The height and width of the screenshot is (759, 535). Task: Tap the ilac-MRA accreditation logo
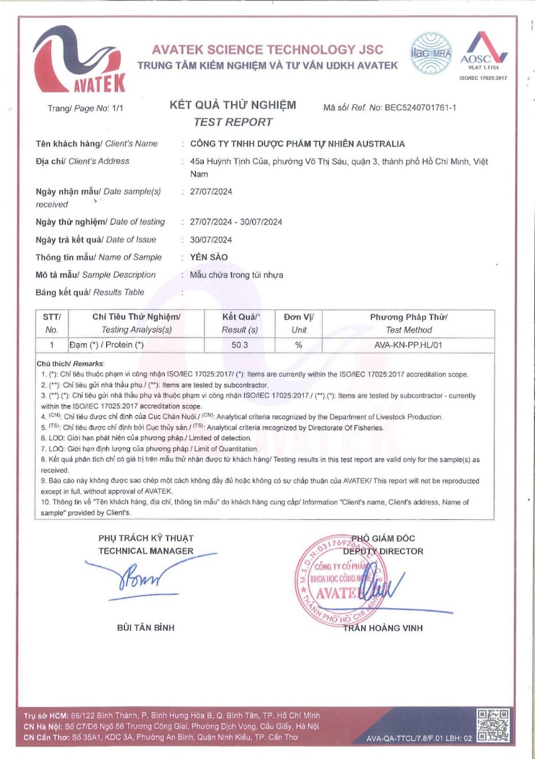(x=428, y=52)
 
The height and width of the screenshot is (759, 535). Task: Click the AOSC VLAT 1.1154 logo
(x=483, y=53)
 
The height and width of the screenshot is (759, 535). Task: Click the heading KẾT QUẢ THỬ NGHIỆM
(x=233, y=106)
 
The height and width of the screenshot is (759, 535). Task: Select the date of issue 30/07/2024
(x=210, y=240)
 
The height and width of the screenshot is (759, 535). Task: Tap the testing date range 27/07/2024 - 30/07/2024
(x=236, y=222)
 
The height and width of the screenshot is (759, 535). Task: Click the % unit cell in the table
(x=299, y=345)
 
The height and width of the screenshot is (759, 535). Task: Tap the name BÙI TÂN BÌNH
(x=145, y=628)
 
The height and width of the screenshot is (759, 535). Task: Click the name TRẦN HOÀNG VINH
(x=383, y=628)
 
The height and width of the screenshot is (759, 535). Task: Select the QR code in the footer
(x=493, y=724)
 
